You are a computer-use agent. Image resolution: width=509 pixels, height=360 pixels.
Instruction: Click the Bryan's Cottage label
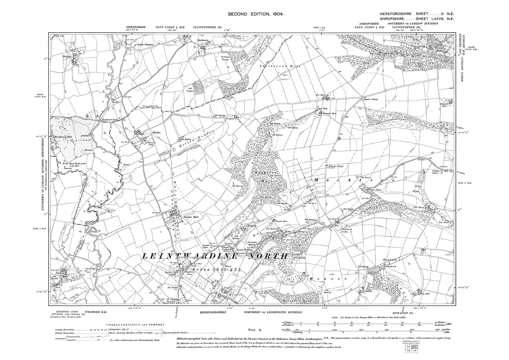(370, 100)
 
